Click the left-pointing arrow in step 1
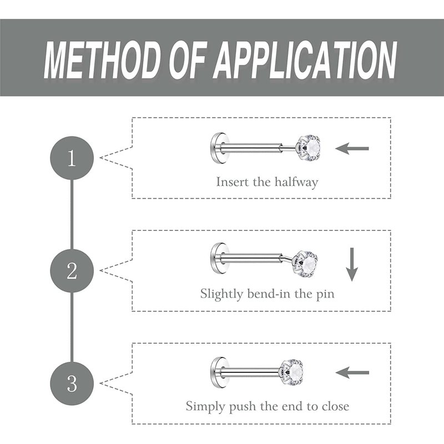pyautogui.click(x=352, y=149)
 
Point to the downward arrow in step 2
pyautogui.click(x=351, y=264)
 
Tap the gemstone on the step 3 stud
pyautogui.click(x=292, y=370)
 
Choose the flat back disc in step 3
pyautogui.click(x=216, y=370)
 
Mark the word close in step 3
pyautogui.click(x=335, y=406)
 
